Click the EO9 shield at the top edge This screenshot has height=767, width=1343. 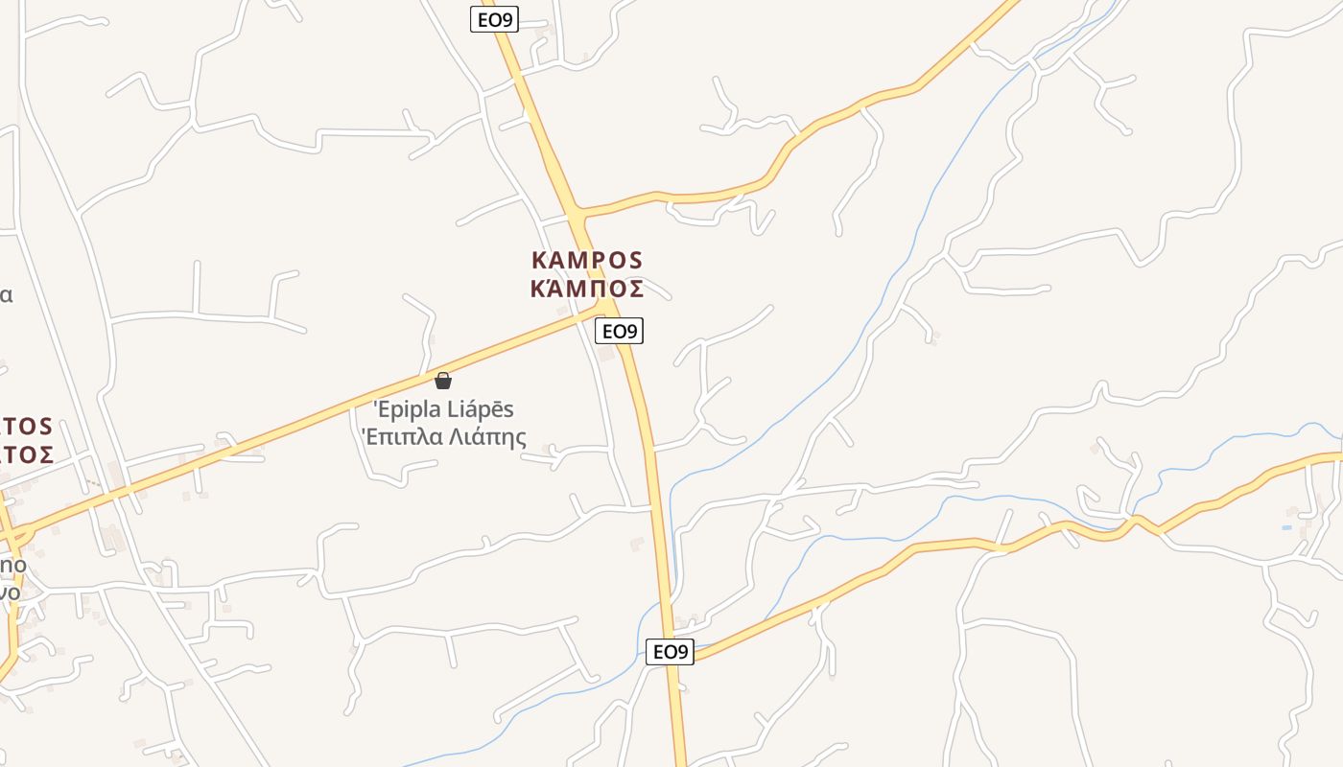pos(494,18)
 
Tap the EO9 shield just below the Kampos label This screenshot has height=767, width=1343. pos(619,332)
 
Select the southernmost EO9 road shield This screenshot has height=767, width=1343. pos(670,652)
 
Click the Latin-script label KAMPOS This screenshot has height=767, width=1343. pos(587,260)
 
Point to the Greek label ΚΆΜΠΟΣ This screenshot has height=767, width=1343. pos(587,288)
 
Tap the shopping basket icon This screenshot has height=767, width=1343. pos(443,381)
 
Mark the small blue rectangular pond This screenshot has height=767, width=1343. pos(1286,527)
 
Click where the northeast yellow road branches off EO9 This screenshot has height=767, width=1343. pos(577,211)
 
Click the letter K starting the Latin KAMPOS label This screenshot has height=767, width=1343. pos(538,260)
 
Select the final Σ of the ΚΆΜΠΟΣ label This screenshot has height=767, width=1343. pos(634,288)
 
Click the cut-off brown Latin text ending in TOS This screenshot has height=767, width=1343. pos(27,427)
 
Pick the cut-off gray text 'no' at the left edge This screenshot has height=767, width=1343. pos(12,566)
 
